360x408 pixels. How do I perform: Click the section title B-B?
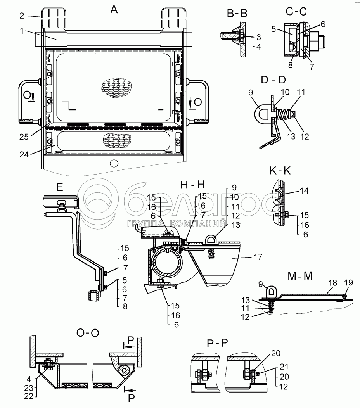click(x=237, y=13)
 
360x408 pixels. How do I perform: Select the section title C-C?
click(x=296, y=12)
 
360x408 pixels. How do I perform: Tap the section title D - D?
click(x=273, y=80)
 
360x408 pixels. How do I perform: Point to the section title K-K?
click(x=280, y=171)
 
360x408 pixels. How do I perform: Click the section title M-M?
click(x=300, y=276)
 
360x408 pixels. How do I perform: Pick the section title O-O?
click(x=88, y=333)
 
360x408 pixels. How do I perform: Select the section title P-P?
click(x=217, y=343)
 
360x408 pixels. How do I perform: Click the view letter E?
click(x=60, y=187)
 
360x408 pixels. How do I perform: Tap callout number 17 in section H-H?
click(x=258, y=257)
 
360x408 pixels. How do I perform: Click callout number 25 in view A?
click(x=24, y=137)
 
